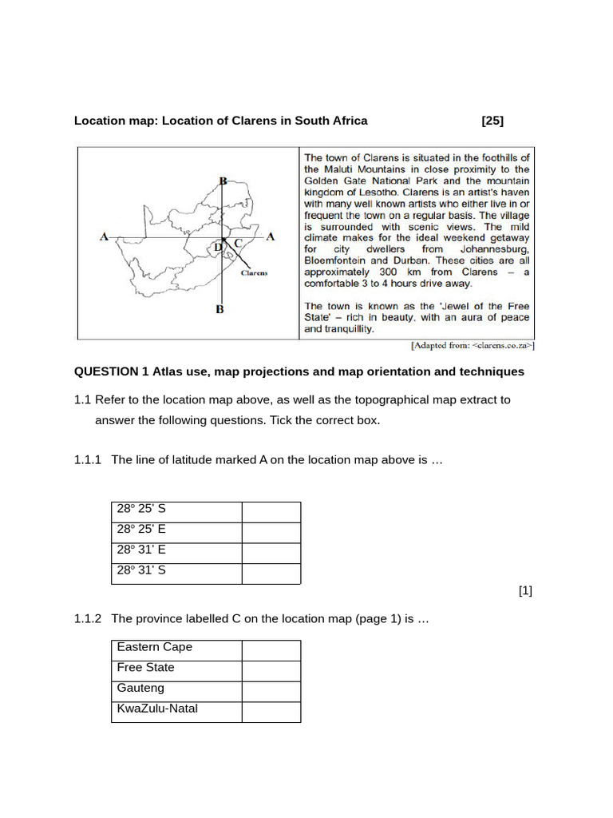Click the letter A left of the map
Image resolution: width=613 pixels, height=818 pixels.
[104, 236]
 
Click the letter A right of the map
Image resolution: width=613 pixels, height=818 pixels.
[271, 236]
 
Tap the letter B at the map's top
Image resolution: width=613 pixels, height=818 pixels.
[223, 181]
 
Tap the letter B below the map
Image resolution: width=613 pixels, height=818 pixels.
[219, 309]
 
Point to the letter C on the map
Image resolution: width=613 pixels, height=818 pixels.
[238, 243]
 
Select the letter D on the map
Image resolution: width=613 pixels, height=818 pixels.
[218, 247]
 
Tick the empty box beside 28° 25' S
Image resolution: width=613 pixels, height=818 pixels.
[271, 512]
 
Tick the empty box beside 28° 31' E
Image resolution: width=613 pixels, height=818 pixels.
[271, 554]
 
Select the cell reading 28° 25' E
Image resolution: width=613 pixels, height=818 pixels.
[176, 533]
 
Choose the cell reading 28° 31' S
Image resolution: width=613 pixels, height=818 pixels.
[176, 574]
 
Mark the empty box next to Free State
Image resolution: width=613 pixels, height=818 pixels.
[271, 671]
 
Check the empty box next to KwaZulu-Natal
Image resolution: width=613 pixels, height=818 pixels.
[271, 713]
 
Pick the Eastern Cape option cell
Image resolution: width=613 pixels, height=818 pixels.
[176, 650]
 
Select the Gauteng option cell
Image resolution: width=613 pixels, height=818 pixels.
[176, 692]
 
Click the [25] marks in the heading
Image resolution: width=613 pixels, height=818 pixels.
[492, 121]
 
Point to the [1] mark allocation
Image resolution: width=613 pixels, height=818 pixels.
[524, 591]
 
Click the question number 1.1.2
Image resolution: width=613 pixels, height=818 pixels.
[88, 619]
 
